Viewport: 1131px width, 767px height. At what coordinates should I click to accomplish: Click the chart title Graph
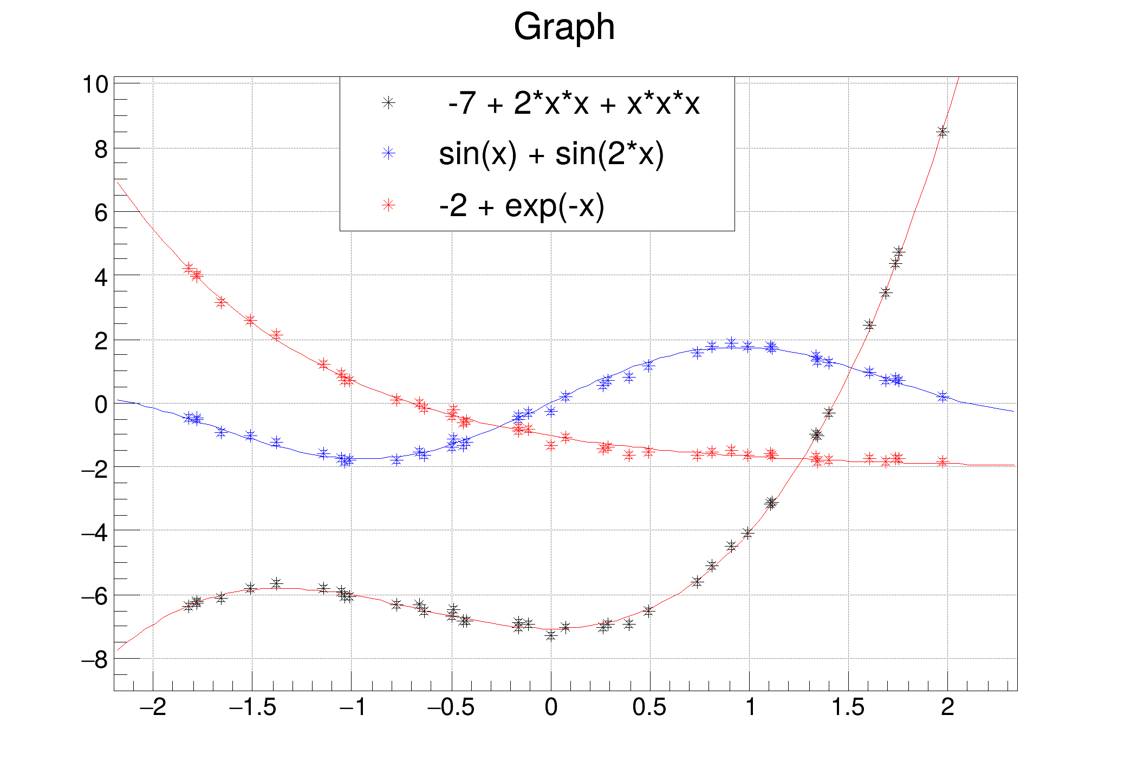[564, 27]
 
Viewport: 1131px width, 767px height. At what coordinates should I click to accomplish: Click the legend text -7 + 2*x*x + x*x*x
[574, 103]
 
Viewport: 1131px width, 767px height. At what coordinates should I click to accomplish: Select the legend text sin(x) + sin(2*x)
[551, 154]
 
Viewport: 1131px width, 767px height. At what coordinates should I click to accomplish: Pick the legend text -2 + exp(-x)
[521, 205]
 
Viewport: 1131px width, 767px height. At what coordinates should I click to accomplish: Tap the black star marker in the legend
[388, 102]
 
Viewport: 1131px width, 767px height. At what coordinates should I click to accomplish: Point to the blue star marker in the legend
[388, 153]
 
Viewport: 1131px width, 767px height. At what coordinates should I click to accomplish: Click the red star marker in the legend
[388, 205]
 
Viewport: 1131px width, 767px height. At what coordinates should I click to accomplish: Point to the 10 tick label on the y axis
[95, 84]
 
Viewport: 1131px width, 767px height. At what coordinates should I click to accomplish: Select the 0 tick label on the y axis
[101, 404]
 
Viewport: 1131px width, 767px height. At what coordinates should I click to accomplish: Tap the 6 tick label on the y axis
[101, 212]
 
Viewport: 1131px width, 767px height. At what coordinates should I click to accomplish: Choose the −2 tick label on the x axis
[153, 707]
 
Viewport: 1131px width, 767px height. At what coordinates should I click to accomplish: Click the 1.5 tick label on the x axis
[848, 707]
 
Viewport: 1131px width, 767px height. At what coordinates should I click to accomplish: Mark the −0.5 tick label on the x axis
[451, 707]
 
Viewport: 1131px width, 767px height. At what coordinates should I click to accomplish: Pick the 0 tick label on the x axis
[551, 707]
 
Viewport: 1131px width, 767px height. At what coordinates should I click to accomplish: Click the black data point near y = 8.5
[942, 132]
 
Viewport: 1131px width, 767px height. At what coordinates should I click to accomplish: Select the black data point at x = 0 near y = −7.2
[551, 635]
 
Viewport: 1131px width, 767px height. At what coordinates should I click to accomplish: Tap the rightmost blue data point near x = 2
[943, 396]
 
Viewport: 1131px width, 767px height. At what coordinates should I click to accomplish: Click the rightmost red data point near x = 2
[943, 461]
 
